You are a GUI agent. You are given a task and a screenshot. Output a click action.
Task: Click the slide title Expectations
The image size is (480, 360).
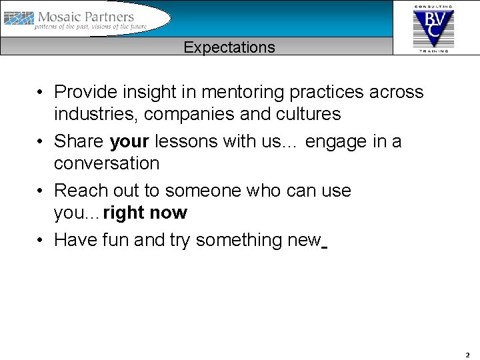point(229,47)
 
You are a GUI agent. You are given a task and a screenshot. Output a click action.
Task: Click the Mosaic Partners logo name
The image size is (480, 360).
point(86,17)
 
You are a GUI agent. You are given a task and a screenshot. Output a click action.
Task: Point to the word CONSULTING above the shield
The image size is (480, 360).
point(433,6)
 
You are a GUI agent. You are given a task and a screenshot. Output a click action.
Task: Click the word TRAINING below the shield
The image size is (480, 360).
point(433,51)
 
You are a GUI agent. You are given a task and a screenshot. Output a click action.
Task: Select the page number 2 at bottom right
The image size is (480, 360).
point(467,355)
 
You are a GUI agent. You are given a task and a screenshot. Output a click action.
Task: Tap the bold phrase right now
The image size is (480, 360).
point(145,213)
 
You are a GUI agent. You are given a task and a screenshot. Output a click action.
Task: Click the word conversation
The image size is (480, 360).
point(107,163)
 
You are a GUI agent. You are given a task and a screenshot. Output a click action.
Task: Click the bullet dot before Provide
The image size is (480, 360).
point(41,92)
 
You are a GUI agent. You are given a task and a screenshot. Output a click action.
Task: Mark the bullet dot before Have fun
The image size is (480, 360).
point(41,240)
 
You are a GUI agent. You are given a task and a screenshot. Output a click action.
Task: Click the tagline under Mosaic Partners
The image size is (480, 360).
point(92,27)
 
